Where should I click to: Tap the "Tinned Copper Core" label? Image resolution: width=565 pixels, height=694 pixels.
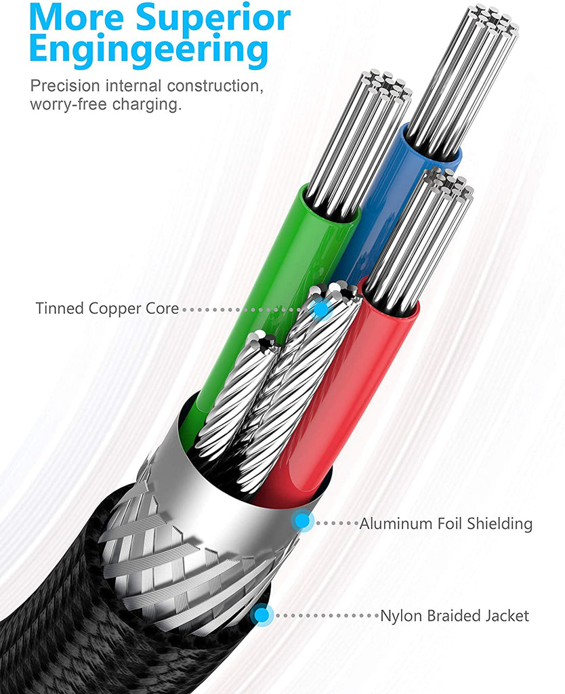coord(107,309)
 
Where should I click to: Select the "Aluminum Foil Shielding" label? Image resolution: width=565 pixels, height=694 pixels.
coord(446,524)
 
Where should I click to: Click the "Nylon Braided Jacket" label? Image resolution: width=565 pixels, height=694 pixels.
coord(454,616)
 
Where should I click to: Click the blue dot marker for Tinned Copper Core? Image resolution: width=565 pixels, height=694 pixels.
coord(322,308)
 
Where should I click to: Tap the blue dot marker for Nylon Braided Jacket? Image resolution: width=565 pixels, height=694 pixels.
coord(261,615)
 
